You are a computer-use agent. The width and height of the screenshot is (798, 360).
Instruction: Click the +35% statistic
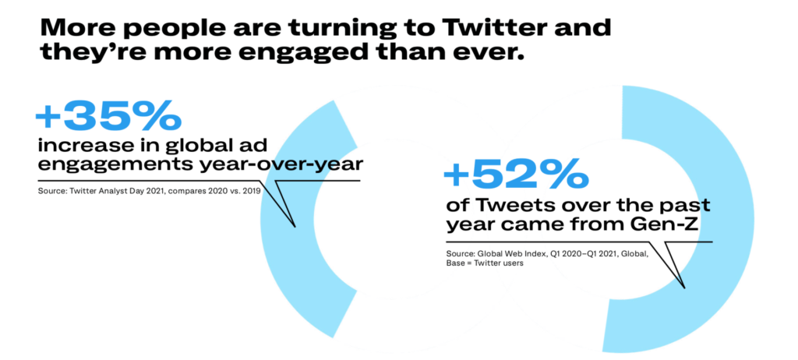click(x=108, y=118)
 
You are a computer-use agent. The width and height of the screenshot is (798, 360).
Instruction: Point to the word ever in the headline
click(x=494, y=53)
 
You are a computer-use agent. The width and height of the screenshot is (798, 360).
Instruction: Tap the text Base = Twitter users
click(x=485, y=263)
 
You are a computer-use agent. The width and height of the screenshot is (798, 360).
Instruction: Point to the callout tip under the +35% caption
click(x=295, y=227)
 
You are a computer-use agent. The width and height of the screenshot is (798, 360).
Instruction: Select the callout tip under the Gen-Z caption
click(x=685, y=288)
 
